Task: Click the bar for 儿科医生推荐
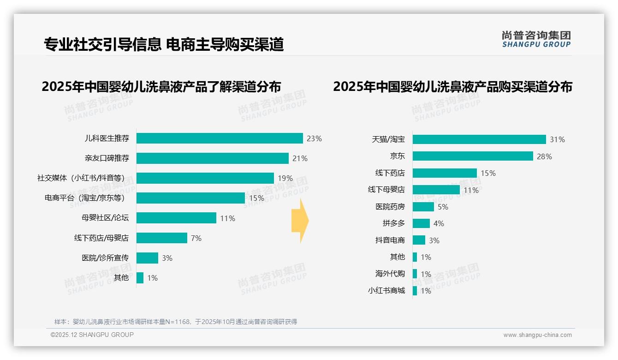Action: (220, 138)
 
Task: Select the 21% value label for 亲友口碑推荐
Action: (300, 158)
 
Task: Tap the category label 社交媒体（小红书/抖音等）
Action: (81, 178)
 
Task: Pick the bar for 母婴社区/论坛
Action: (176, 218)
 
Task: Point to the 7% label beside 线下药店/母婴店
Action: (196, 238)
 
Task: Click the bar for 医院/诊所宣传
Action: (147, 258)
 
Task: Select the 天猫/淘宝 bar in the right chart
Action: (479, 139)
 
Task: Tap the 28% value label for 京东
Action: (544, 156)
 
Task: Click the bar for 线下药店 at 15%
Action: (445, 173)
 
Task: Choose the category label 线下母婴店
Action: (386, 190)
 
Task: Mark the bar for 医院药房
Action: (423, 207)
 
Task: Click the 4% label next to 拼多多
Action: (439, 223)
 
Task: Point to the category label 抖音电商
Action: (390, 240)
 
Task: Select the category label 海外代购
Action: (390, 274)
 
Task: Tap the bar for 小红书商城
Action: (415, 291)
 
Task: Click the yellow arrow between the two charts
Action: (300, 221)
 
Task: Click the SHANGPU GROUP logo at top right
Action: (536, 39)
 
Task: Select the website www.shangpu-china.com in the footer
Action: (537, 335)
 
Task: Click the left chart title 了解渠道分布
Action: (161, 87)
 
